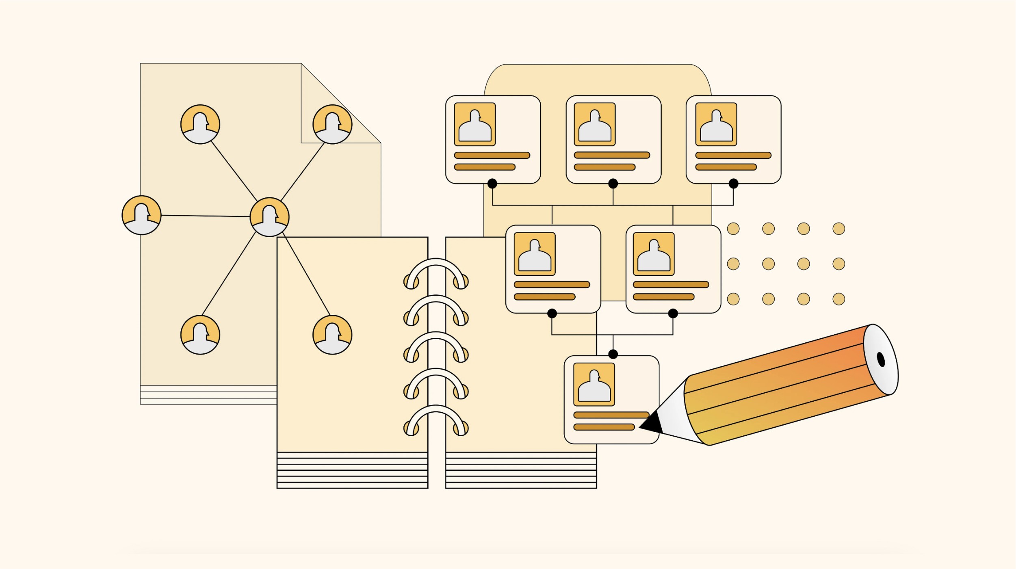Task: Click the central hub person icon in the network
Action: [269, 217]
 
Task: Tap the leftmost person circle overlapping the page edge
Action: [141, 215]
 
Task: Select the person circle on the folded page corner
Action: [332, 124]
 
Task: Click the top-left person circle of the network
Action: [200, 124]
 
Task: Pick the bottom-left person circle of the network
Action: [200, 335]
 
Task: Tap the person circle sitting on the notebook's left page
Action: [332, 335]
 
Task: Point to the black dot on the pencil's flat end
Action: [881, 359]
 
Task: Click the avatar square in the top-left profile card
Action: [474, 124]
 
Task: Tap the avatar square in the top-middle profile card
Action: [595, 124]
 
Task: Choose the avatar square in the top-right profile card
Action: [716, 124]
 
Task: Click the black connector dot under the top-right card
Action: [733, 184]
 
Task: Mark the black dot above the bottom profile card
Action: [613, 354]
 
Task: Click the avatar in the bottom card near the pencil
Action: [594, 384]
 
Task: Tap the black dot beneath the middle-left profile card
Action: [552, 313]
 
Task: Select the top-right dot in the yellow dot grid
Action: [838, 229]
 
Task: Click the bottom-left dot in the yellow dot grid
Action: [733, 299]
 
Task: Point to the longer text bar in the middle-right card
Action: [671, 284]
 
